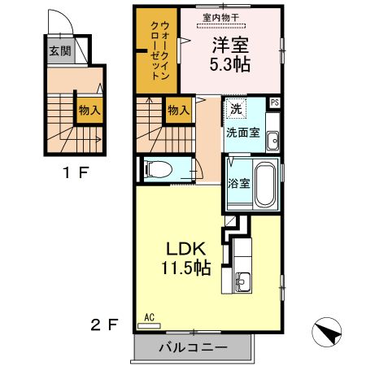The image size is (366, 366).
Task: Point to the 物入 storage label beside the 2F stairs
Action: click(178, 109)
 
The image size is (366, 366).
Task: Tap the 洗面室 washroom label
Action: click(243, 133)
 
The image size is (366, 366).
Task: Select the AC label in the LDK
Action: click(150, 317)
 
